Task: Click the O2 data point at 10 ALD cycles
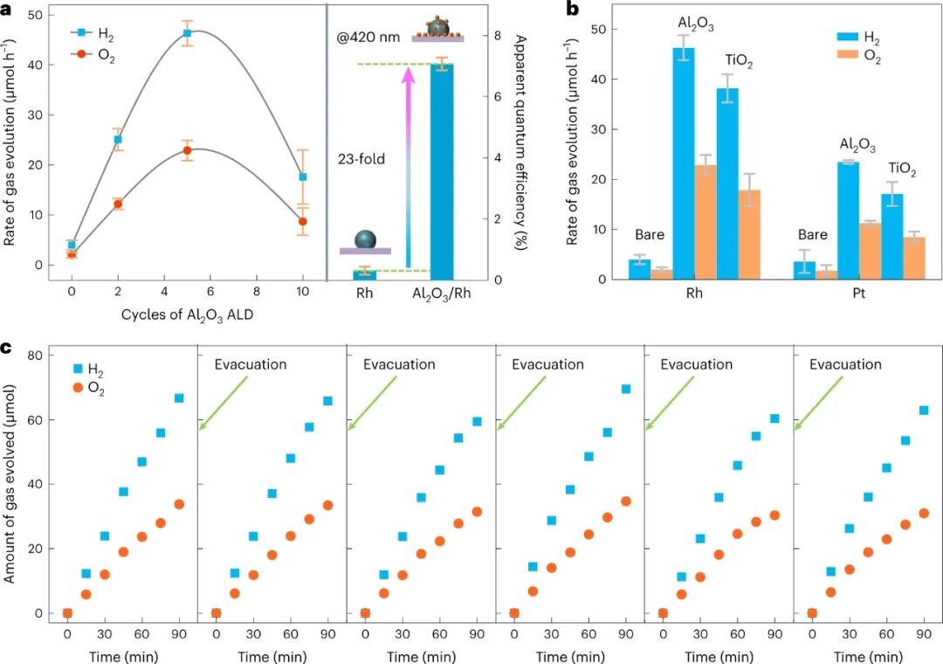pos(302,222)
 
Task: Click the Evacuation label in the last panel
pos(845,364)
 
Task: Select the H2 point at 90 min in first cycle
pos(179,398)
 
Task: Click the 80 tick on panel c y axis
pos(36,356)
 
